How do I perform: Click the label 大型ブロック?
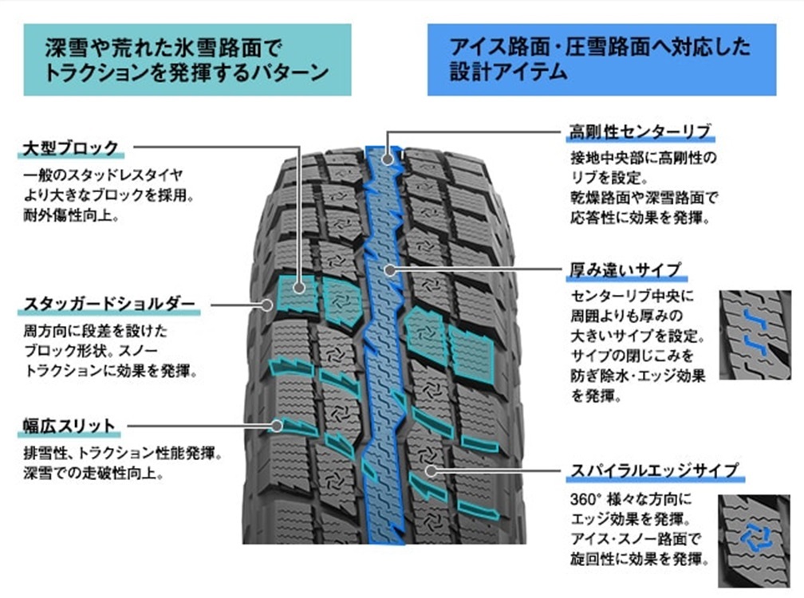(x=71, y=148)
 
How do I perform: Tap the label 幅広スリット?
(x=69, y=426)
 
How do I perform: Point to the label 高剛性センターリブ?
(x=639, y=130)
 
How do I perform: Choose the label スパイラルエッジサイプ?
(x=653, y=470)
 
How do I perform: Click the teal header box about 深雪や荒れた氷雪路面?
(x=187, y=59)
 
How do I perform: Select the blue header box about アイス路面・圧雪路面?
(x=601, y=59)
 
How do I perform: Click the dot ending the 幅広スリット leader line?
(x=277, y=426)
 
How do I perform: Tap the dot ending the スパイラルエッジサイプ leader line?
(x=431, y=470)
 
